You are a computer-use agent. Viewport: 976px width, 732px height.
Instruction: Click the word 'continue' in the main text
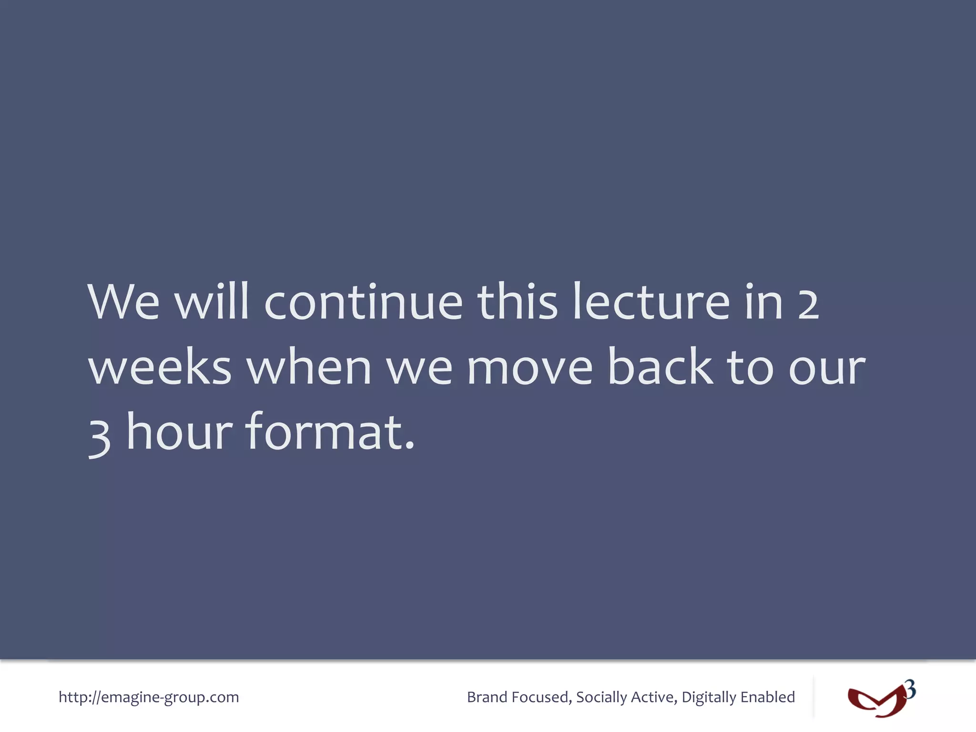point(363,303)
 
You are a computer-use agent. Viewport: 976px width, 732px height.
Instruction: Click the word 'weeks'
point(160,367)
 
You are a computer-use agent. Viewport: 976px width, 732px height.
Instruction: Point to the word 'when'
point(309,367)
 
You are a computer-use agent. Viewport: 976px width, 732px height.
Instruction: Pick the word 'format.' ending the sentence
point(330,431)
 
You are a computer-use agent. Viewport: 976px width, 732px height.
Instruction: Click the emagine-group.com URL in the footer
point(149,697)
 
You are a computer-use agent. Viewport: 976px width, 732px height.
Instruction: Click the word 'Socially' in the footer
point(601,697)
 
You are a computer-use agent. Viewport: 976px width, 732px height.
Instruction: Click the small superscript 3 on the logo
point(910,689)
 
